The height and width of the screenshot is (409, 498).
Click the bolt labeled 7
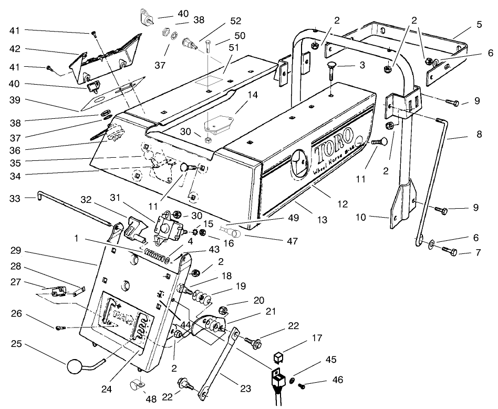[x=448, y=251]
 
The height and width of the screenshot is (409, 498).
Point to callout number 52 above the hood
[x=236, y=22]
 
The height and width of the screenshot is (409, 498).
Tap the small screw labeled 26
[x=59, y=329]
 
